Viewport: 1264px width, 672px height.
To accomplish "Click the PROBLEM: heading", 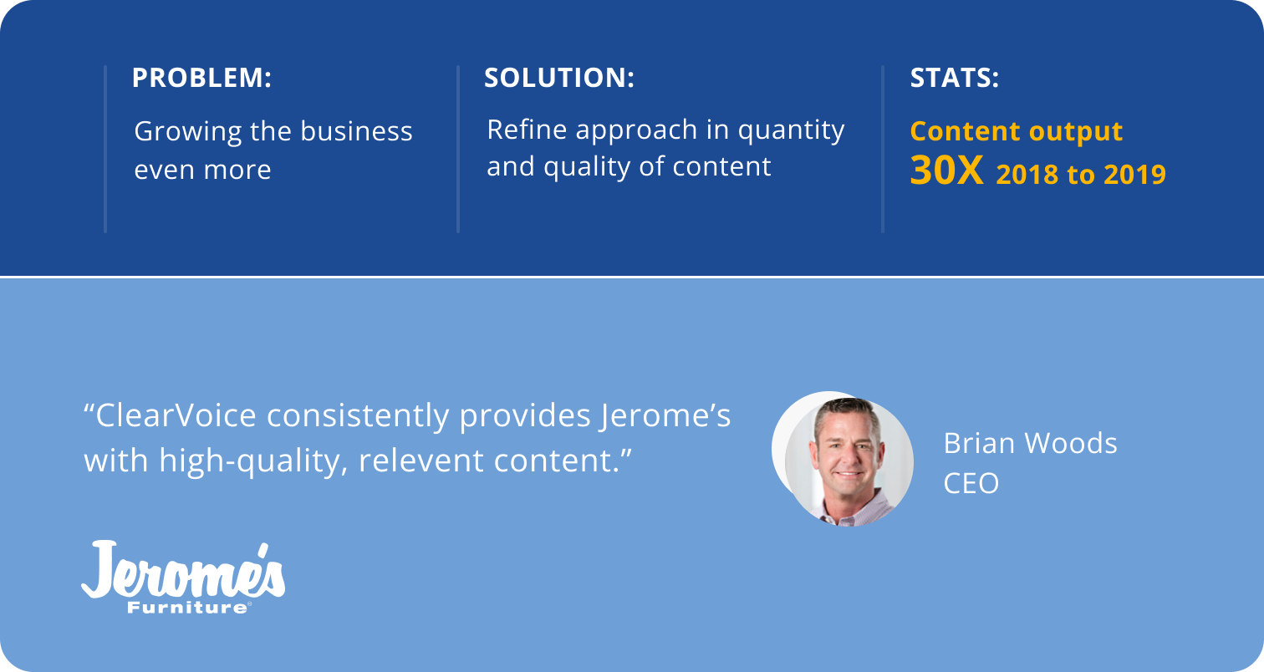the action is (201, 78).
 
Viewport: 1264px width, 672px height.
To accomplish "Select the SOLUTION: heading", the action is (559, 78).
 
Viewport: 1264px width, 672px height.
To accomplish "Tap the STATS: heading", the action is (954, 78).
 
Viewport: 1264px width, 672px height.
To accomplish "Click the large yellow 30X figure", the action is (946, 171).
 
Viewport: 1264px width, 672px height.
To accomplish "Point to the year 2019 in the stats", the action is (1134, 175).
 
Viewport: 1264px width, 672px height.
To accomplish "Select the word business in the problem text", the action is (356, 131).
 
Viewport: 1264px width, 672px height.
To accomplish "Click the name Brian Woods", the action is (1031, 444).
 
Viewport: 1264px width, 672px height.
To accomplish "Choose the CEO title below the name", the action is (971, 484).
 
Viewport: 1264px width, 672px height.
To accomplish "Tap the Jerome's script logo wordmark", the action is (183, 570).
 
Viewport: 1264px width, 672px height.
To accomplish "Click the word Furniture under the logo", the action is (187, 608).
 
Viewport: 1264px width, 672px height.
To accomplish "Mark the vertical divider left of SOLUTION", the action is (458, 149).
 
